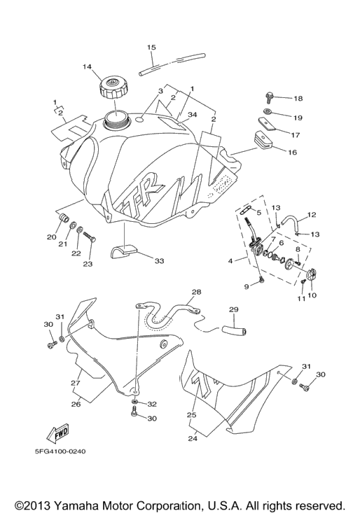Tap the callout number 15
(151, 48)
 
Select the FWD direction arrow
(59, 433)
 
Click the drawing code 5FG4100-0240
(60, 451)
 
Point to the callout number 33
(160, 261)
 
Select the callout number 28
(197, 292)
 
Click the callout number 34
(193, 115)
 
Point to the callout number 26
(76, 405)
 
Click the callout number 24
(193, 438)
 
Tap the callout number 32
(152, 404)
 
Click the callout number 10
(312, 295)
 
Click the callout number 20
(52, 237)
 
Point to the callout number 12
(312, 215)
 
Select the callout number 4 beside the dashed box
(230, 261)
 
